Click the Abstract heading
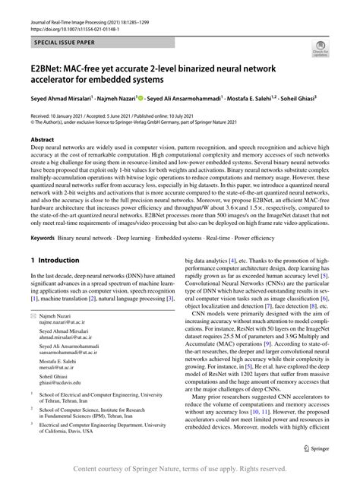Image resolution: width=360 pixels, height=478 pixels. point(42,140)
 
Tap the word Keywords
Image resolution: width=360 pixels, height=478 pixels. point(43,238)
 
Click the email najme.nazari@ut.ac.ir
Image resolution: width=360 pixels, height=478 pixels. point(66,343)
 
